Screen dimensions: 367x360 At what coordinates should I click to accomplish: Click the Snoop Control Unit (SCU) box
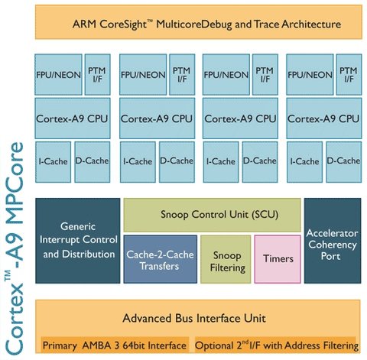212,215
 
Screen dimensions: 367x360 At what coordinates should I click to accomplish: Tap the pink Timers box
278,259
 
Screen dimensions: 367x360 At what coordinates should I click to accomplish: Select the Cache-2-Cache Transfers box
161,259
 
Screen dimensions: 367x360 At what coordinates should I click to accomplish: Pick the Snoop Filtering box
226,259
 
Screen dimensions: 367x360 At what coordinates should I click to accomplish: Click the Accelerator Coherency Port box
333,241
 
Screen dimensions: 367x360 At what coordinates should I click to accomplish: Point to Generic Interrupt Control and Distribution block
78,241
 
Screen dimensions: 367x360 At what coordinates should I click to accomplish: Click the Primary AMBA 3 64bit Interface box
115,345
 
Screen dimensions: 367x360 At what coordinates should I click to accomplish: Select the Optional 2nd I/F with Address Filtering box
275,345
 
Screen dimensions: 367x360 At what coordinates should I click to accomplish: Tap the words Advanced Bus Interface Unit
194,318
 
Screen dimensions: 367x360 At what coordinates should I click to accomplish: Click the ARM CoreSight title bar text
206,24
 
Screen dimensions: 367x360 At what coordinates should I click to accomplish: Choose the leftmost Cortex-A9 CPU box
73,118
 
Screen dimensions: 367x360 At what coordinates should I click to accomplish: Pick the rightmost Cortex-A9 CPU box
324,118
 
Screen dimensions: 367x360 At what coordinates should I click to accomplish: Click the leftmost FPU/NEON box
58,74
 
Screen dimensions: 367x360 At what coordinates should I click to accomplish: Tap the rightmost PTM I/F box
349,74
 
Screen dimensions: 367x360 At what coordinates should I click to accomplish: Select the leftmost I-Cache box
53,162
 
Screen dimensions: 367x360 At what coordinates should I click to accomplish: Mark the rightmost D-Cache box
344,162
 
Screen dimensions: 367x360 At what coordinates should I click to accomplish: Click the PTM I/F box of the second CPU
182,74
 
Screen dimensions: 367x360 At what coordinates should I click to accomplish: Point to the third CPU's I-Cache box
221,162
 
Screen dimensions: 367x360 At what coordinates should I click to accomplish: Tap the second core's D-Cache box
177,162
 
